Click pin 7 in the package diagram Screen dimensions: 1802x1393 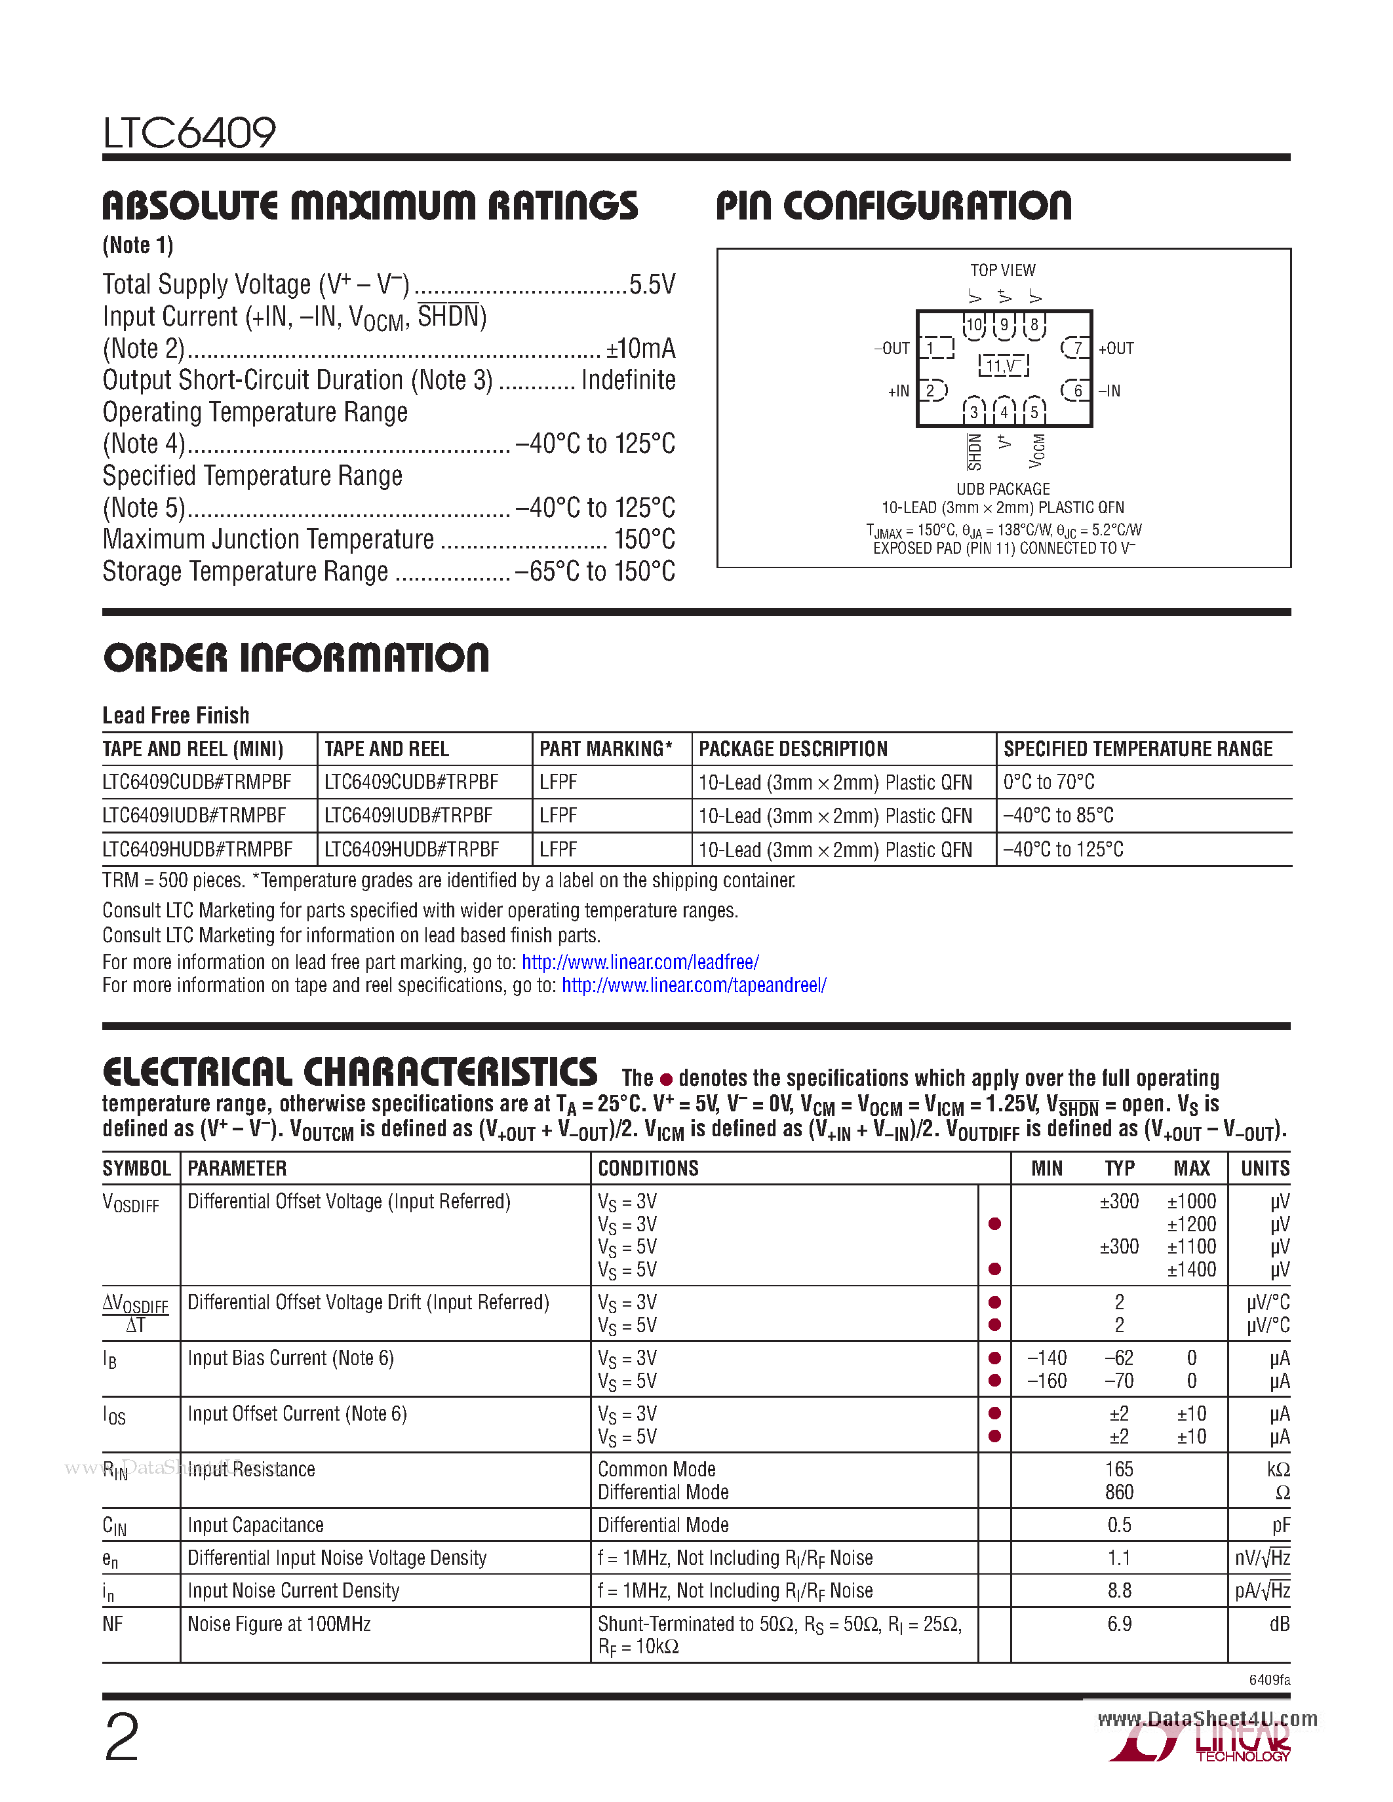point(1076,348)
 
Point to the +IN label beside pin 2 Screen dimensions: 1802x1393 point(898,391)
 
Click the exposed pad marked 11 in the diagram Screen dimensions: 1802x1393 point(1003,366)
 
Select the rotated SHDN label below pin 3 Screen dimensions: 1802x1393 point(975,451)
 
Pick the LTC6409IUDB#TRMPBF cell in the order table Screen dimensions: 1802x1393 point(195,816)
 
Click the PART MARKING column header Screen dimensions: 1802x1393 point(605,749)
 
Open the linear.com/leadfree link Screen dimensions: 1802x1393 point(640,962)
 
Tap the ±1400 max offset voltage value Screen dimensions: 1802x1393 point(1191,1270)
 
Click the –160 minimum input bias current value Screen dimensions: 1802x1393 point(1046,1381)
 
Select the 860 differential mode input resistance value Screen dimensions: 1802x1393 point(1119,1493)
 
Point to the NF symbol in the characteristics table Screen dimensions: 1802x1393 point(113,1624)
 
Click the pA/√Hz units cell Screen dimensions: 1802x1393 point(1261,1591)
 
